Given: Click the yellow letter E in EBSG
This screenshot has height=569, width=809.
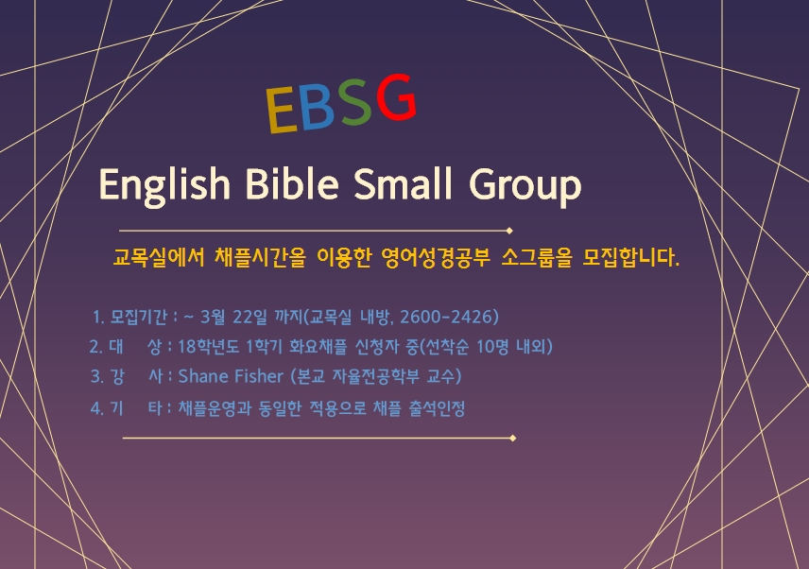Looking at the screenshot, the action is click(x=282, y=110).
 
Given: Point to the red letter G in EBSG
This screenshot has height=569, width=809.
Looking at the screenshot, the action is click(x=396, y=97).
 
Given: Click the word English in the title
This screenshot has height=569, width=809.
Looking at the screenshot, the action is click(x=164, y=185).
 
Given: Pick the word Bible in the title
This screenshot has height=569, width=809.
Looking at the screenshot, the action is click(x=291, y=183).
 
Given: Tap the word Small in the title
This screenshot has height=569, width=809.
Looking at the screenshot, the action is click(x=403, y=183).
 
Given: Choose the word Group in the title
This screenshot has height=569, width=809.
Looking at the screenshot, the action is click(x=525, y=187).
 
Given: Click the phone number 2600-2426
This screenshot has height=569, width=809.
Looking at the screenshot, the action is click(x=449, y=317).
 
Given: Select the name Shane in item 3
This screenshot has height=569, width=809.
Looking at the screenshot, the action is click(x=205, y=376).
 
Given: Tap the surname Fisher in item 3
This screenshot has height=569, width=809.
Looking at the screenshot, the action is click(x=260, y=376).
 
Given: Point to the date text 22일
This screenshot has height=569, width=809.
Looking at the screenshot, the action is click(x=250, y=317).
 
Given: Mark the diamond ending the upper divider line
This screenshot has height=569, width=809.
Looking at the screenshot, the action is click(x=509, y=231).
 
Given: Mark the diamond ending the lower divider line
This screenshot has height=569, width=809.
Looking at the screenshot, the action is click(x=513, y=438).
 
